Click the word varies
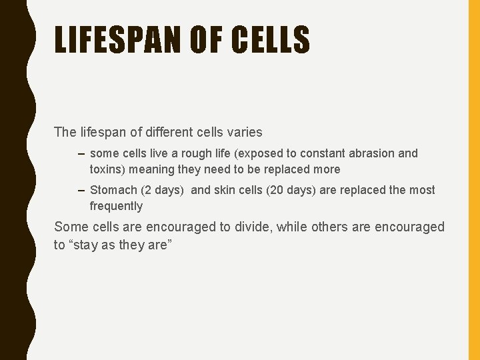[244, 132]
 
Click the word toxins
[107, 169]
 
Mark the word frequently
[116, 206]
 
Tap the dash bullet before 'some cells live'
[81, 153]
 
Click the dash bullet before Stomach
[81, 190]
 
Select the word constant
[319, 153]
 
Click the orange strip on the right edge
[474, 180]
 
